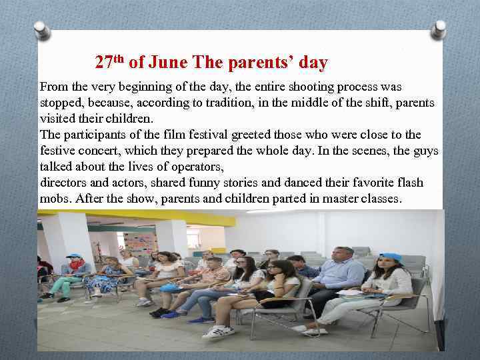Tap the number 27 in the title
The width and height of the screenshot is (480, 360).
tap(103, 63)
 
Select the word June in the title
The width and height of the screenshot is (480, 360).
tap(168, 63)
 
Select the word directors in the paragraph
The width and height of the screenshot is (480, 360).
tap(64, 183)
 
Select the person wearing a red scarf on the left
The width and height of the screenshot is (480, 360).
tap(75, 270)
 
